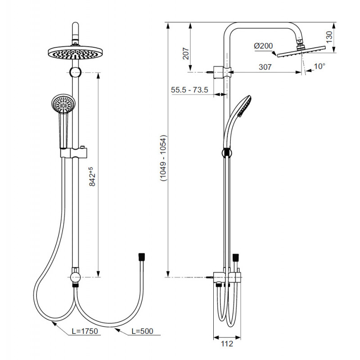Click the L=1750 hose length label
coord(85,331)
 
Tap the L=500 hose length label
coord(142,331)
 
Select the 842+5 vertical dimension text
coord(92,176)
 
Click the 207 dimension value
coord(186,54)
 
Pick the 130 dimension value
coord(329,37)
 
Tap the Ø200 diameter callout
coord(263,46)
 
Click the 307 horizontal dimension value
coord(265,67)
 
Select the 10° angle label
coord(319,66)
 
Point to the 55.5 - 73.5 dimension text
coord(189,90)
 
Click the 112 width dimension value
coord(227,344)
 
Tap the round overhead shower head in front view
coord(75,53)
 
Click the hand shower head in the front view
coord(63,103)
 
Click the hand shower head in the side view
coord(244,106)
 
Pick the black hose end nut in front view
coord(142,257)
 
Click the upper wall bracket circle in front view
coord(75,72)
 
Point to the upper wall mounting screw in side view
coord(210,72)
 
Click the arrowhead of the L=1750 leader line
coord(54,323)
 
